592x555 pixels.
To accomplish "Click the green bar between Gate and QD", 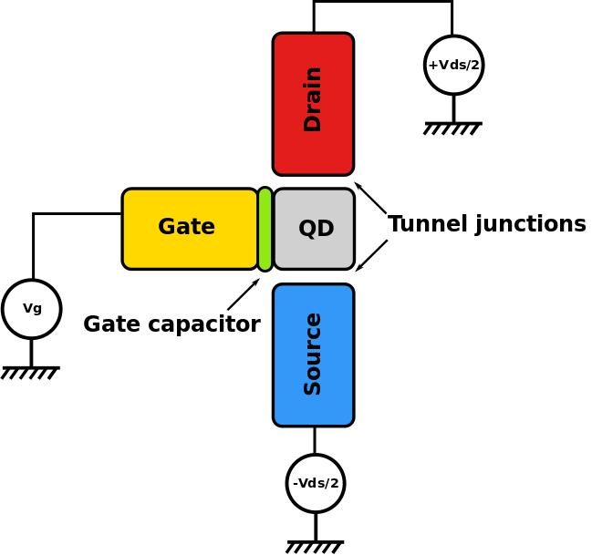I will pos(265,229).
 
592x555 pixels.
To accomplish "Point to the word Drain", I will pos(313,98).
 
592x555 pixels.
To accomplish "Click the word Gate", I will pos(186,228).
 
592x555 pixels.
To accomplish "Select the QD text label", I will pos(316,229).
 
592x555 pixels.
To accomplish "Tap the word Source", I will pos(313,354).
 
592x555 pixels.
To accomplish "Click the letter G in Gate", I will pos(167,228).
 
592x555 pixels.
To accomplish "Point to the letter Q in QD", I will pos(307,230).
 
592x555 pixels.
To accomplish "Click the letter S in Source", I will pos(313,386).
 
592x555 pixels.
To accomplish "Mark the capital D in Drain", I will pos(313,123).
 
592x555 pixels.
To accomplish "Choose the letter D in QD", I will pos(326,229).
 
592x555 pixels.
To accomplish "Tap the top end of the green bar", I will pos(265,193).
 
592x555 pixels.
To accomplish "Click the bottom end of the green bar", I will pos(265,265).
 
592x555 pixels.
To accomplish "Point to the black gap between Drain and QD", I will pos(313,182).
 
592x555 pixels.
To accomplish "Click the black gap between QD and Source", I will pos(313,277).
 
